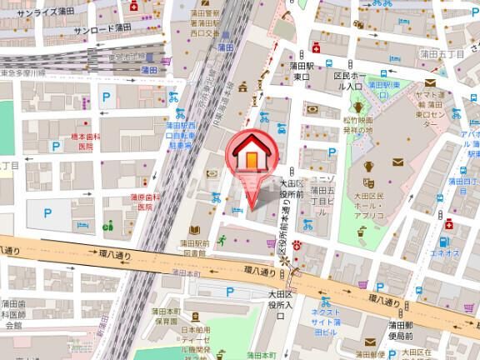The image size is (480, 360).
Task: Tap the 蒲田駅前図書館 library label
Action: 192,249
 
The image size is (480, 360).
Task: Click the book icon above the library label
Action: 192,230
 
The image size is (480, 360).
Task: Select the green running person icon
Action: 222,240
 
